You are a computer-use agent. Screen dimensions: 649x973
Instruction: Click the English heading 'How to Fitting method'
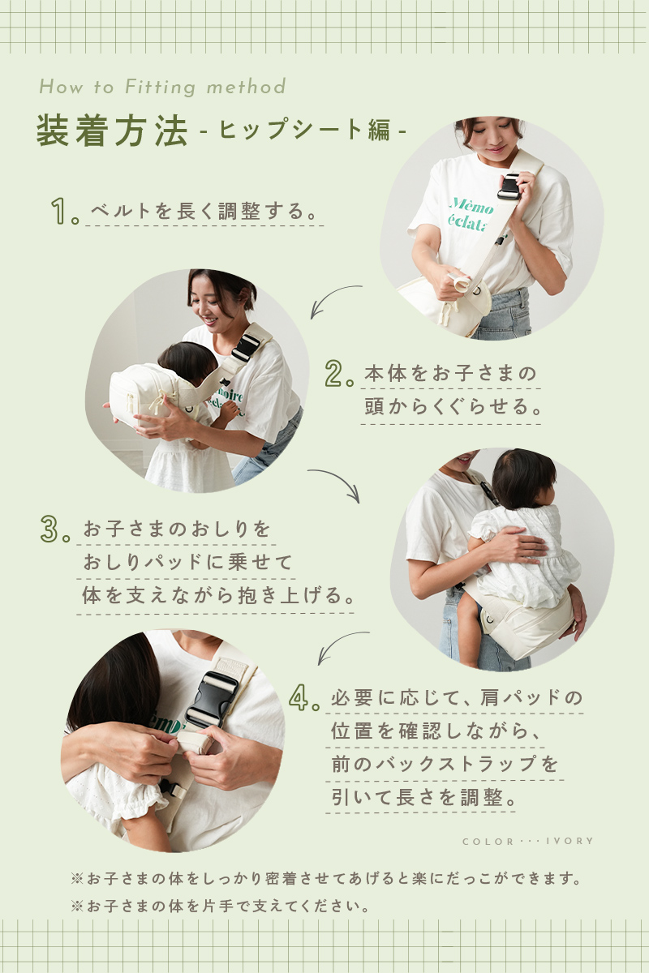click(162, 87)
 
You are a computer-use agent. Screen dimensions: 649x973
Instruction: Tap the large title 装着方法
click(112, 131)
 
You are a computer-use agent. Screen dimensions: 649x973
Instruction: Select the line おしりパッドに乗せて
click(187, 562)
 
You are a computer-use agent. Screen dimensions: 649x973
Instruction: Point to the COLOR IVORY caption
click(528, 842)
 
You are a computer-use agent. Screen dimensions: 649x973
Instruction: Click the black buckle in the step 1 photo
click(509, 186)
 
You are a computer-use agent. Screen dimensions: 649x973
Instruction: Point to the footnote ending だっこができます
click(326, 879)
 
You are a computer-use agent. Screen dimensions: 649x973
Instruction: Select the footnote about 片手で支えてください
click(220, 907)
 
